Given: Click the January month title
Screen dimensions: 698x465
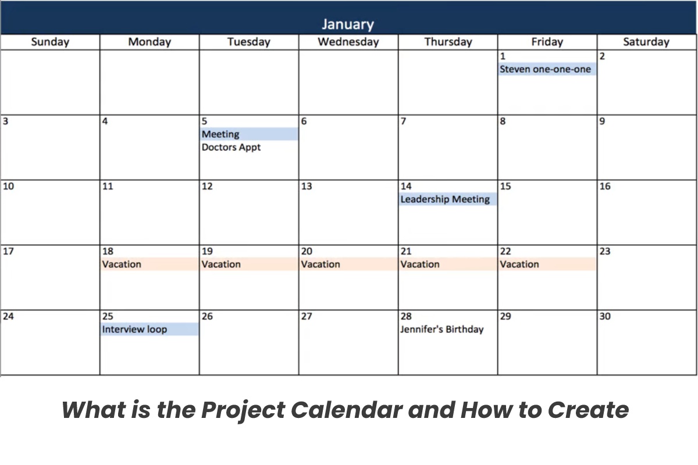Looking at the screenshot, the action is [348, 24].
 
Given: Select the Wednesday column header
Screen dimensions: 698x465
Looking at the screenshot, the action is [348, 42].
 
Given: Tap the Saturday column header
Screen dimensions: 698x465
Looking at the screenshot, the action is [646, 42].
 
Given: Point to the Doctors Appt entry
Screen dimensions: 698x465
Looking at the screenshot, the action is [231, 147].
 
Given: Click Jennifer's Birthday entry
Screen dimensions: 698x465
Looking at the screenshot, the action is [442, 329].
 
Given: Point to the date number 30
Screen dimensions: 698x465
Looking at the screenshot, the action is [605, 316].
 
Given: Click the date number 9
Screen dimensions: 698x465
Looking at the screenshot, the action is [602, 121].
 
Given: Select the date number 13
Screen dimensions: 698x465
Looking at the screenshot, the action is [307, 186].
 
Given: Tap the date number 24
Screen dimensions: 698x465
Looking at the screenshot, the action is [8, 316].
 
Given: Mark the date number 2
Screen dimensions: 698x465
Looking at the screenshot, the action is [602, 56].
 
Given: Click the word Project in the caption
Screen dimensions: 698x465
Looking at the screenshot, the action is [243, 410].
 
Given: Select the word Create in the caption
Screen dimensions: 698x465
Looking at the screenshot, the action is [588, 410].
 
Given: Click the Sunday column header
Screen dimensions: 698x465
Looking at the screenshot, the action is [50, 42].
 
